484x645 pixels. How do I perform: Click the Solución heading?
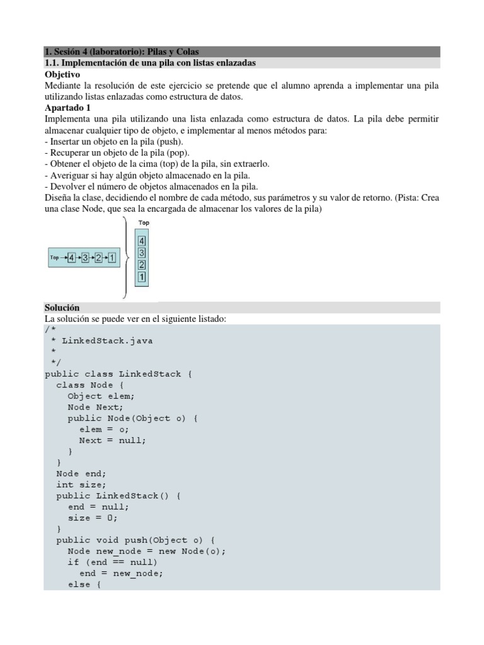click(x=62, y=307)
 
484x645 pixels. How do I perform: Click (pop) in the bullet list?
click(x=175, y=152)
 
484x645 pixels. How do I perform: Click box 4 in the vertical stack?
click(x=142, y=241)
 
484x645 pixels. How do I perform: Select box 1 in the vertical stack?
click(x=142, y=277)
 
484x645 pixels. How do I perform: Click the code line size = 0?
click(x=93, y=518)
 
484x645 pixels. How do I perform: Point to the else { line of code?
click(x=84, y=585)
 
